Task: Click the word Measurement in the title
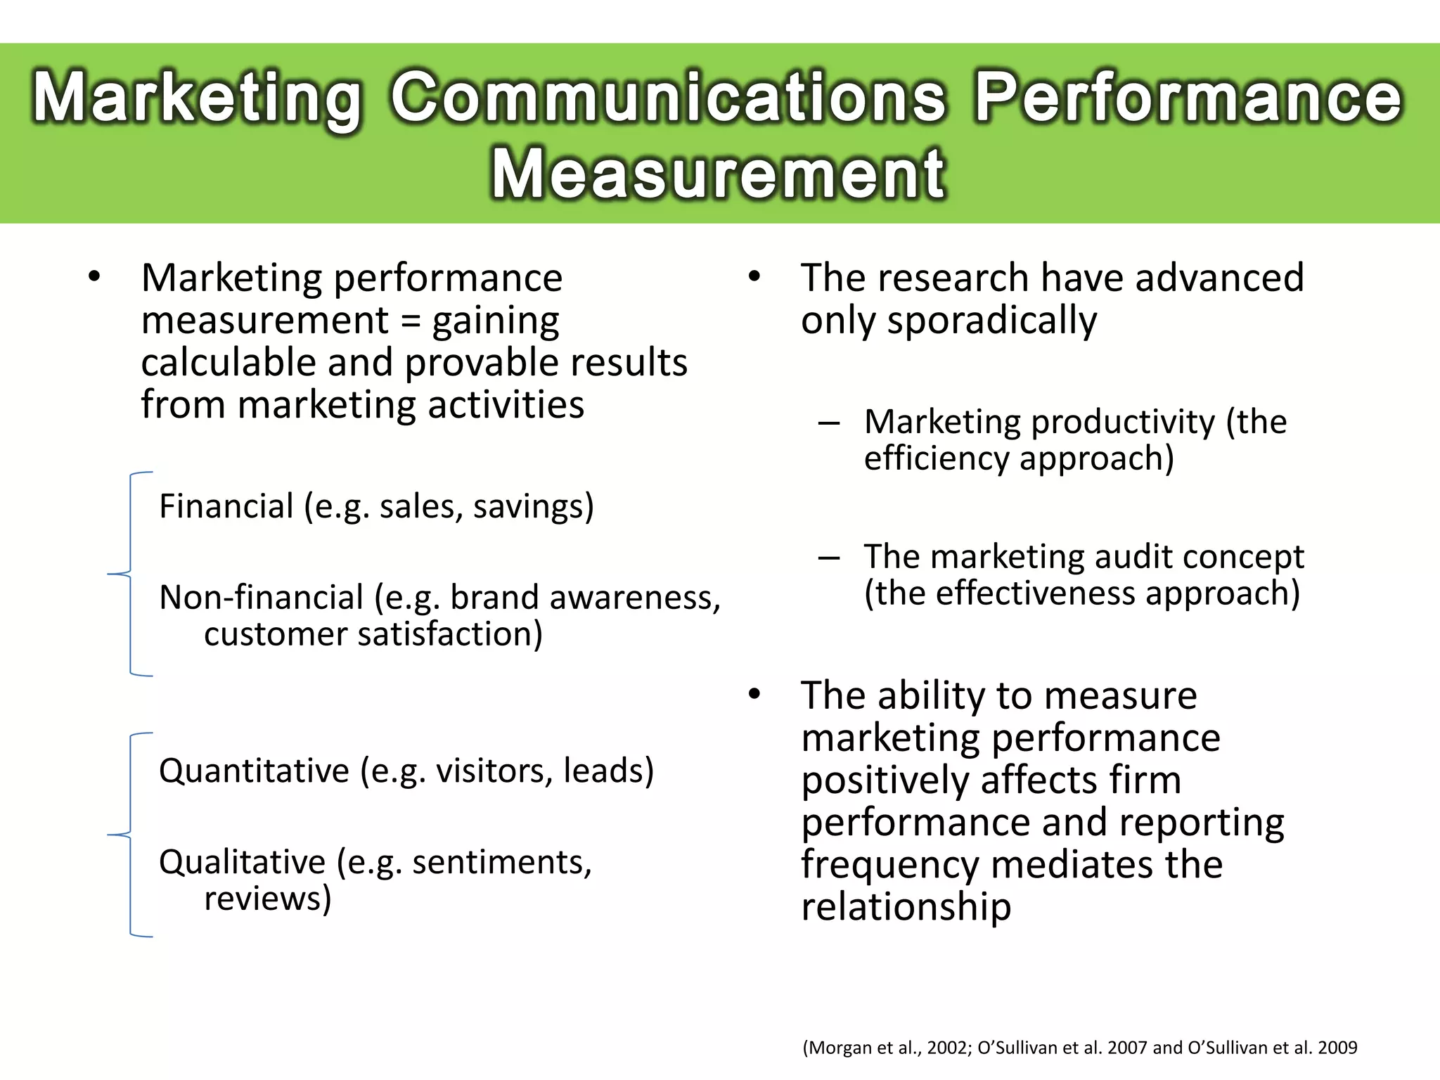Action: click(x=719, y=174)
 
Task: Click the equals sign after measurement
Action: click(x=410, y=321)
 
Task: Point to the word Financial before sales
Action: click(x=226, y=506)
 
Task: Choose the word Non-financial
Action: click(x=261, y=598)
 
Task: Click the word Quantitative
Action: click(x=254, y=771)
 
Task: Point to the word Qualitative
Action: click(x=242, y=862)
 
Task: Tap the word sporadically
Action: click(x=991, y=321)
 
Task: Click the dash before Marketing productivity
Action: click(x=829, y=423)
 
